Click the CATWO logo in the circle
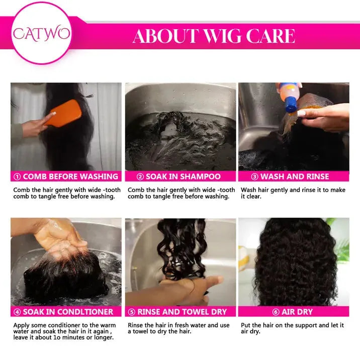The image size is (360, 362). pos(41,34)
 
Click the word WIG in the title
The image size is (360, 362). pos(222,36)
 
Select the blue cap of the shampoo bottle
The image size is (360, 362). pos(291,105)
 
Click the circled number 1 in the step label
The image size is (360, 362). pos(17,177)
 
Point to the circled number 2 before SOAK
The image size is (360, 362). pos(140,177)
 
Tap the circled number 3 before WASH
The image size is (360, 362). pos(254,177)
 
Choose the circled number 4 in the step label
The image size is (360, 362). pos(17,312)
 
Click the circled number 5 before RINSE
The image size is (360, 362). pos(131,312)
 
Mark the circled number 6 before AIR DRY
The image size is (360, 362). pos(276,312)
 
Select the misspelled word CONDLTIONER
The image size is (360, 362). pos(85,312)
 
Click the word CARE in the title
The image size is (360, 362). pos(271,36)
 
